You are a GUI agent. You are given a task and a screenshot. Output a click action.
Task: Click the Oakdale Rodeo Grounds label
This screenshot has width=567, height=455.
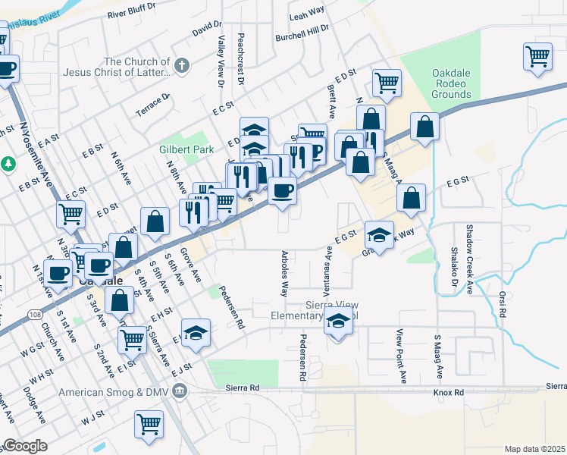[452, 83]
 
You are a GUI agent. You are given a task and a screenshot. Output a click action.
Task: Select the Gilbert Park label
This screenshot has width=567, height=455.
[186, 150]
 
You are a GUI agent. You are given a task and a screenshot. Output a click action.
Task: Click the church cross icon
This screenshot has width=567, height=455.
[181, 66]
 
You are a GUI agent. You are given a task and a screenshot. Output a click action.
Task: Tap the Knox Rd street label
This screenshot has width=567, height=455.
[448, 393]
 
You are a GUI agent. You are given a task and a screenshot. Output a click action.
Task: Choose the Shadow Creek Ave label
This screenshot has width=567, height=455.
[469, 258]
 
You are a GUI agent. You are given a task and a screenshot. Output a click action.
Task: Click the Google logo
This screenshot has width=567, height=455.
[25, 446]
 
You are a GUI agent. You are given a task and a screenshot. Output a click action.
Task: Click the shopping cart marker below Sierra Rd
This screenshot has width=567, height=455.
[149, 424]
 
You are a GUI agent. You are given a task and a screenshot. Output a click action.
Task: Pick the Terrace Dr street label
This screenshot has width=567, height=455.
[153, 102]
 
